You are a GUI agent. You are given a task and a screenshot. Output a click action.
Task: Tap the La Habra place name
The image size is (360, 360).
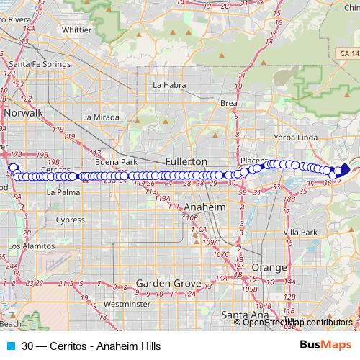(170, 84)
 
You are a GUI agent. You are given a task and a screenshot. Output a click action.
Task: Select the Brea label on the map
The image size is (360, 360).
(229, 103)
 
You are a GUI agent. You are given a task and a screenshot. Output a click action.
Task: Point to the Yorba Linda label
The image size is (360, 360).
(296, 137)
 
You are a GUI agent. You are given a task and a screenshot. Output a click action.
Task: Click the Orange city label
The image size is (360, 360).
(269, 267)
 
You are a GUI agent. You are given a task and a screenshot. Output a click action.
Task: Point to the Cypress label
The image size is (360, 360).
(71, 220)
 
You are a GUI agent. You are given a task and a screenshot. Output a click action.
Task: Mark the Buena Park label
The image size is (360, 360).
(116, 162)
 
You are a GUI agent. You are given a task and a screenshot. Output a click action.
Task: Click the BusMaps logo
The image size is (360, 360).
(325, 345)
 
